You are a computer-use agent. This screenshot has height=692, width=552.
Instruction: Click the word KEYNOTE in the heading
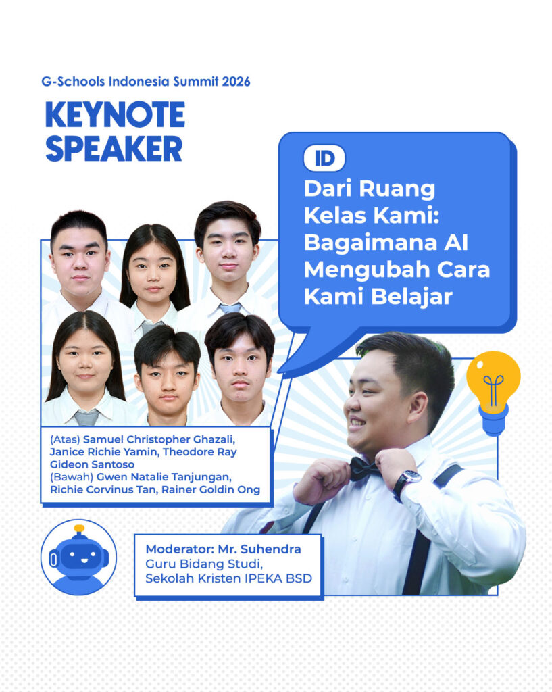(115, 115)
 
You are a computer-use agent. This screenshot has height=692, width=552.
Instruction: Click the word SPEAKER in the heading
(114, 149)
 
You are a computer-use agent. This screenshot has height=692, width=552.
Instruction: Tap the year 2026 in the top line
(234, 82)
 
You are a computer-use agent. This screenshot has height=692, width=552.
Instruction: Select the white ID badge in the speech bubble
(324, 158)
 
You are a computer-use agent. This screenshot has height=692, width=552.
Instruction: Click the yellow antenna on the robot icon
(79, 528)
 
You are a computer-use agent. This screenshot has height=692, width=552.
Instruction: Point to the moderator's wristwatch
(407, 481)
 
